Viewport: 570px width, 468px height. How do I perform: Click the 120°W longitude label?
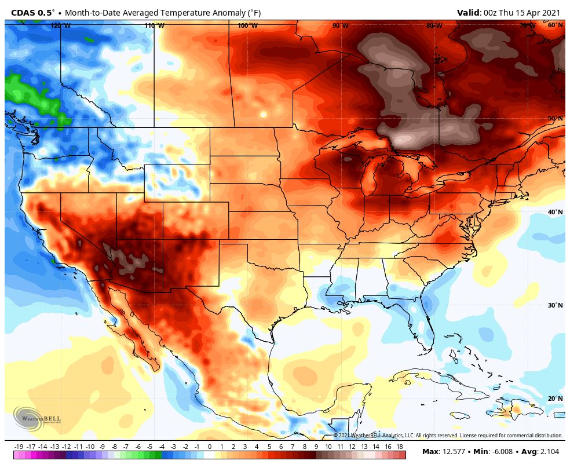tap(60, 25)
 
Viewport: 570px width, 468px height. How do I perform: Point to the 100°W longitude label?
tap(247, 25)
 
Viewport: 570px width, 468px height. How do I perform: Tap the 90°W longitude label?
tap(341, 25)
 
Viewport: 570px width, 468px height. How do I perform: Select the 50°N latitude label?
tap(555, 118)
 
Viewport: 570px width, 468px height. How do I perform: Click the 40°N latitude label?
tap(555, 212)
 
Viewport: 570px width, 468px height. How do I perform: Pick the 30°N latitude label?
tap(555, 305)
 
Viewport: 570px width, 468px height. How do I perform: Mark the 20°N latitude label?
tap(555, 398)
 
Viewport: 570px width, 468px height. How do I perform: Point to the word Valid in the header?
tap(468, 12)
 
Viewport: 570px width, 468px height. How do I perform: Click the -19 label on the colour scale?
tap(19, 447)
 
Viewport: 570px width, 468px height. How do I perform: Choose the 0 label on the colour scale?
tap(209, 447)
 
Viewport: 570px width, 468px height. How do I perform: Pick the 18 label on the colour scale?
tap(400, 447)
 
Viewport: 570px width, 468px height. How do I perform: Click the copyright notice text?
tap(448, 436)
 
